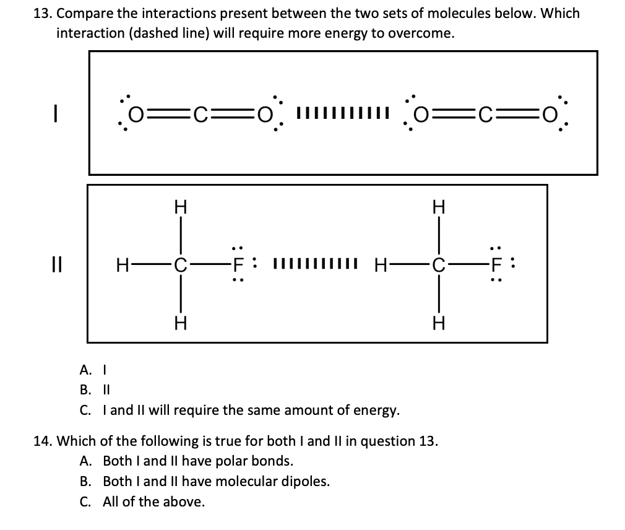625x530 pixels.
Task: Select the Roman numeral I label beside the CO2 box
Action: coord(56,113)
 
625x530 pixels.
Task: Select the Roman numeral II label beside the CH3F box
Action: coord(58,267)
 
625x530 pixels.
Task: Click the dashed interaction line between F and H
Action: coord(316,267)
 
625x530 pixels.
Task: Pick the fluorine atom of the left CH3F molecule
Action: coord(236,267)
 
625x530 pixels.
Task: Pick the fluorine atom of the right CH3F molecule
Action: coord(495,267)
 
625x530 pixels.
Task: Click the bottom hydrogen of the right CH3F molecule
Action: coord(439,323)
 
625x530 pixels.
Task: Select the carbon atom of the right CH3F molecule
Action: coord(439,267)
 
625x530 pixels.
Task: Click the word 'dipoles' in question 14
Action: coord(306,481)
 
